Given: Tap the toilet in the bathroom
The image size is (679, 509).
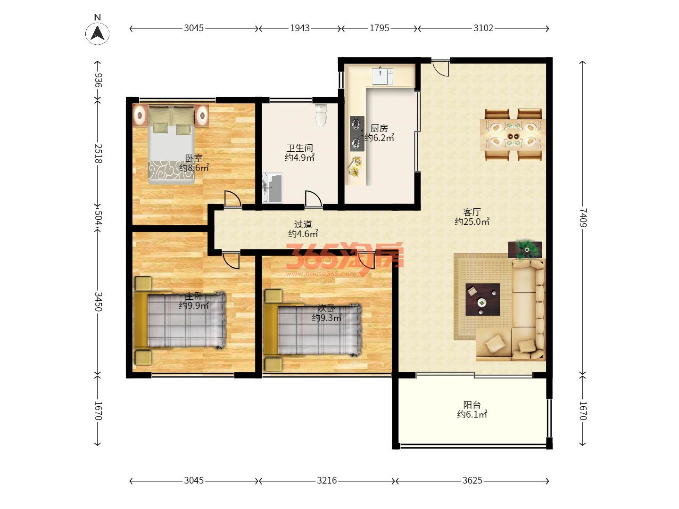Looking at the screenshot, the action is pyautogui.click(x=321, y=115).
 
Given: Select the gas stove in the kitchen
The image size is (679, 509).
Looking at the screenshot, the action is pyautogui.click(x=357, y=134).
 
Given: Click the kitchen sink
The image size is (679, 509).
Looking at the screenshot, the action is pyautogui.click(x=382, y=76).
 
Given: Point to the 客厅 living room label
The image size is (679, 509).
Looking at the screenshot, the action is pyautogui.click(x=472, y=212).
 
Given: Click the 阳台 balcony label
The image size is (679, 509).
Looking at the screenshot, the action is pyautogui.click(x=472, y=404).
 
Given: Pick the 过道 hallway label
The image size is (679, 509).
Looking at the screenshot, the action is pyautogui.click(x=303, y=224).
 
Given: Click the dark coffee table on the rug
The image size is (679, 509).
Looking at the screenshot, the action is pyautogui.click(x=482, y=299).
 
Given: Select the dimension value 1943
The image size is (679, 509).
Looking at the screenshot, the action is pyautogui.click(x=300, y=28).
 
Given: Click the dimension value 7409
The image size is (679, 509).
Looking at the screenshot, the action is pyautogui.click(x=583, y=218).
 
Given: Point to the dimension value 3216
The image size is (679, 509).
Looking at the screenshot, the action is pyautogui.click(x=327, y=481).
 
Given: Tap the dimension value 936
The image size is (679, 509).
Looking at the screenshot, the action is pyautogui.click(x=98, y=80).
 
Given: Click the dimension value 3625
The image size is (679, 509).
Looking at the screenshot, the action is pyautogui.click(x=472, y=481).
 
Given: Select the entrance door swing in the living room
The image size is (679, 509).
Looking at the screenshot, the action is pyautogui.click(x=440, y=68).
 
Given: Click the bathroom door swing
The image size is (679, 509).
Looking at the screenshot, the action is pyautogui.click(x=314, y=199).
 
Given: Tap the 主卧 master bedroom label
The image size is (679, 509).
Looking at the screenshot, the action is pyautogui.click(x=193, y=296).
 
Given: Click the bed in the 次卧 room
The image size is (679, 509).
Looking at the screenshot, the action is pyautogui.click(x=312, y=330).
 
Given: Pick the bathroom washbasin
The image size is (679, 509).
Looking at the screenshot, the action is pyautogui.click(x=273, y=188).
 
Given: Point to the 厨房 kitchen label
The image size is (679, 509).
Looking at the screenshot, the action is pyautogui.click(x=379, y=128).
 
